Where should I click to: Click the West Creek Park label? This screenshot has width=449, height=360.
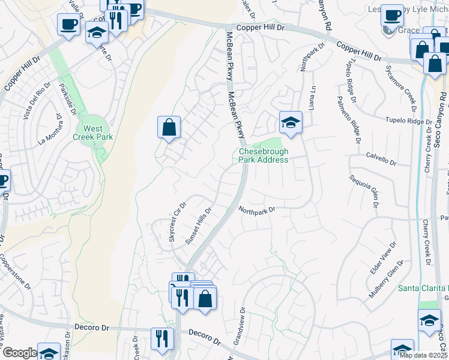point(93,133)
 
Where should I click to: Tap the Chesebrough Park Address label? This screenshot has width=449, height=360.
point(264,156)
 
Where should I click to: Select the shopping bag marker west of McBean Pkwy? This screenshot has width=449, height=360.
point(169,127)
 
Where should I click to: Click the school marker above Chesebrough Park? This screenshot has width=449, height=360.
point(291,122)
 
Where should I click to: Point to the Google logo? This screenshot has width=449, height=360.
point(19,353)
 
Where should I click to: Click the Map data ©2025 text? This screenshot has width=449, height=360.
point(423,355)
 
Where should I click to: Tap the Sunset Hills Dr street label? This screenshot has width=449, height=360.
point(199,226)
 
